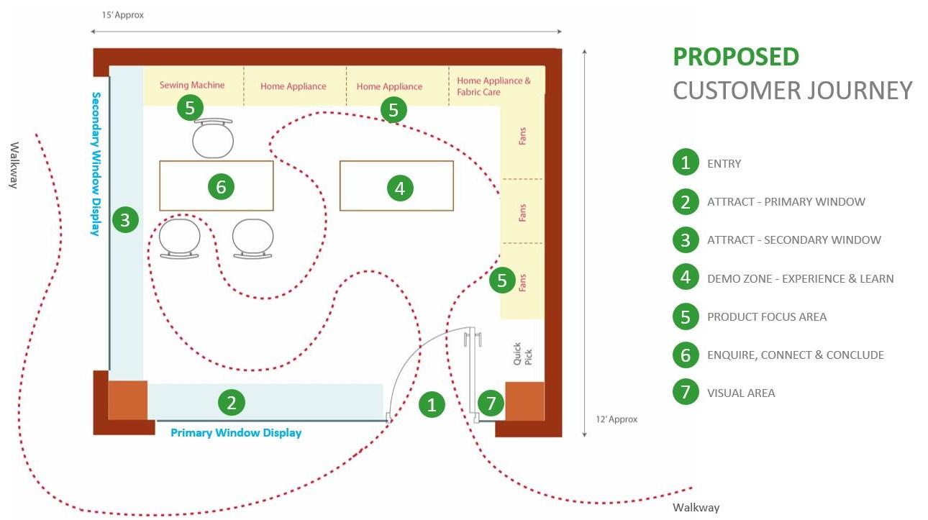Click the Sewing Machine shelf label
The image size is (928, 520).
click(192, 85)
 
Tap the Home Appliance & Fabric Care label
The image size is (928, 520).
click(493, 86)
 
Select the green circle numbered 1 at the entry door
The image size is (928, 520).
click(432, 404)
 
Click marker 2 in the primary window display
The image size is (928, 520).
click(232, 402)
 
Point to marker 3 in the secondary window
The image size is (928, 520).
click(125, 219)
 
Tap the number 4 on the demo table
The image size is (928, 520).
click(400, 188)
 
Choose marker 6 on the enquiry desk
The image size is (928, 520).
click(221, 187)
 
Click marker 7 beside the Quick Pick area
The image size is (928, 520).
click(491, 403)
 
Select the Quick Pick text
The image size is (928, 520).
click(522, 353)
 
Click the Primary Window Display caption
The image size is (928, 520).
click(236, 433)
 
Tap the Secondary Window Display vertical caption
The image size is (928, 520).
click(95, 163)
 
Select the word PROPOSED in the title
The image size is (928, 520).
click(736, 57)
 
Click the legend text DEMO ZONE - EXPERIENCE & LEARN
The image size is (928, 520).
click(800, 278)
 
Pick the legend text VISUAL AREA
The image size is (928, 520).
click(741, 393)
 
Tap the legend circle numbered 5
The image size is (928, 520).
click(686, 316)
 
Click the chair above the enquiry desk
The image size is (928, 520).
click(214, 138)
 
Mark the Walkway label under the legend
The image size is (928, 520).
click(696, 508)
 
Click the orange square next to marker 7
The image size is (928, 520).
click(524, 401)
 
